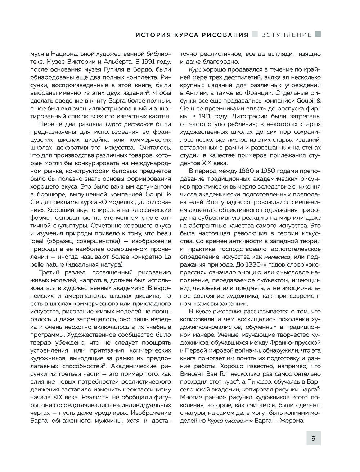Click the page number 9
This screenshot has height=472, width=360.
313,439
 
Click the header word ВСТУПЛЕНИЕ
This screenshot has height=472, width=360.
287,35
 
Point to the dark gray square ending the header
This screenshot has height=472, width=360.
318,34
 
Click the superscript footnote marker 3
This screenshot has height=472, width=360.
104,366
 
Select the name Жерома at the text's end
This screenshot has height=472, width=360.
291,421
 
